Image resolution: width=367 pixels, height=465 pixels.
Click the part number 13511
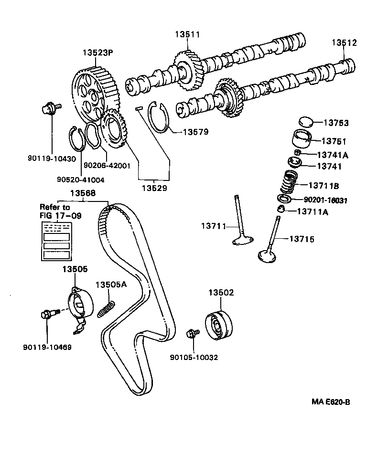pyautogui.click(x=187, y=34)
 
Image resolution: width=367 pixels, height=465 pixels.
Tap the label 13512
pyautogui.click(x=345, y=42)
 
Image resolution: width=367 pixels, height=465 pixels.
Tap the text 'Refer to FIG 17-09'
pyautogui.click(x=61, y=211)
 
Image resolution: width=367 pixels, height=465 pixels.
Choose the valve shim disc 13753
pyautogui.click(x=306, y=122)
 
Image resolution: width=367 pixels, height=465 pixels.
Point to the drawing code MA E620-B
pyautogui.click(x=331, y=402)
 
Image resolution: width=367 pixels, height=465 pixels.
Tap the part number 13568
pyautogui.click(x=83, y=193)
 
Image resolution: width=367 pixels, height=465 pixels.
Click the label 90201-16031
pyautogui.click(x=326, y=200)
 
